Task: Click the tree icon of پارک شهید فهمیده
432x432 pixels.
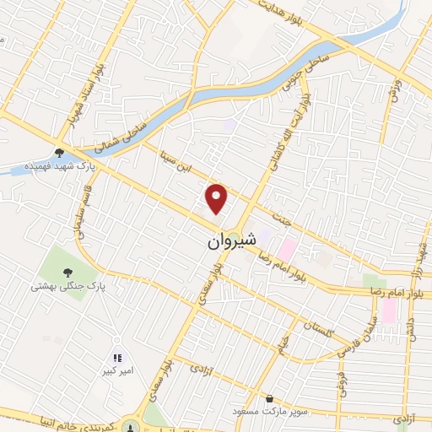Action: [59, 153]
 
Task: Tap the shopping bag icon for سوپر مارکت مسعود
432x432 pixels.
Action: [269, 398]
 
